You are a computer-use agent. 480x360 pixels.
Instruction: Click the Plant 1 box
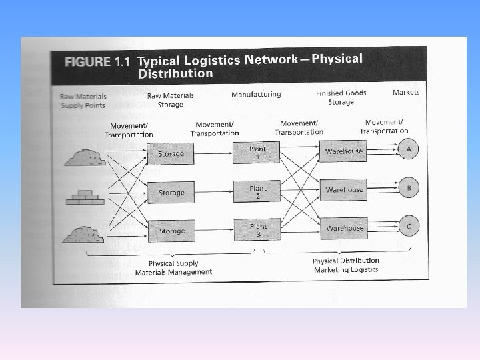point(257,152)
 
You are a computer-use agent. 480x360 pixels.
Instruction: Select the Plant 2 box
point(257,191)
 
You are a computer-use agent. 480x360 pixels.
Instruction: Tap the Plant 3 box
point(257,230)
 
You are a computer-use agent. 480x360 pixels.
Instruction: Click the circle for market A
point(409,149)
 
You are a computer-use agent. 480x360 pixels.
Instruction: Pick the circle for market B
point(409,188)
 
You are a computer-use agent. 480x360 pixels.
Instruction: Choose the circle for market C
point(409,227)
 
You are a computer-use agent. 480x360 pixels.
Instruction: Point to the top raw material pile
point(85,157)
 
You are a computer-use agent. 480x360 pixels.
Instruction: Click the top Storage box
point(171,154)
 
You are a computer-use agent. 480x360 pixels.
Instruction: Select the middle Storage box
point(171,193)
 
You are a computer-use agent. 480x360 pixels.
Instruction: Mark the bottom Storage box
point(171,231)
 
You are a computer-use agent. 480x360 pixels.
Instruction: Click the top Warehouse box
point(343,151)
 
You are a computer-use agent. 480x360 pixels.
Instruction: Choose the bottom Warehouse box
point(343,228)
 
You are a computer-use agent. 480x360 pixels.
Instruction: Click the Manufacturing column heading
point(256,94)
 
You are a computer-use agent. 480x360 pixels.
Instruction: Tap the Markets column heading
point(406,92)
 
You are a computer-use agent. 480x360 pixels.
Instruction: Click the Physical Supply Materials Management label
point(173,268)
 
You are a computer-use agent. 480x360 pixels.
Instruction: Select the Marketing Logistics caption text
point(345,269)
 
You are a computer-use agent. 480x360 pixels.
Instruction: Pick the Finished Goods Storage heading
point(341,97)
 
